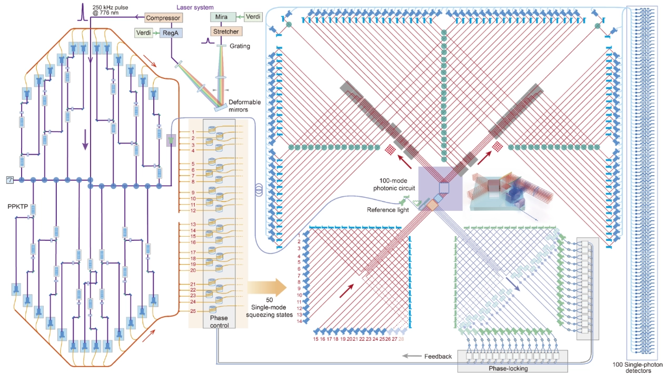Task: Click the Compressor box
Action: (163, 18)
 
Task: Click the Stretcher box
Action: (225, 32)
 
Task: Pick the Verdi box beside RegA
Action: (143, 33)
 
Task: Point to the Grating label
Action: (240, 46)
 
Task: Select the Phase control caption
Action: (219, 322)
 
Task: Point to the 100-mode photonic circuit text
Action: (390, 184)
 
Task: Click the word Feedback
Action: (438, 357)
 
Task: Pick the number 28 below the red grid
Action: (402, 339)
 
